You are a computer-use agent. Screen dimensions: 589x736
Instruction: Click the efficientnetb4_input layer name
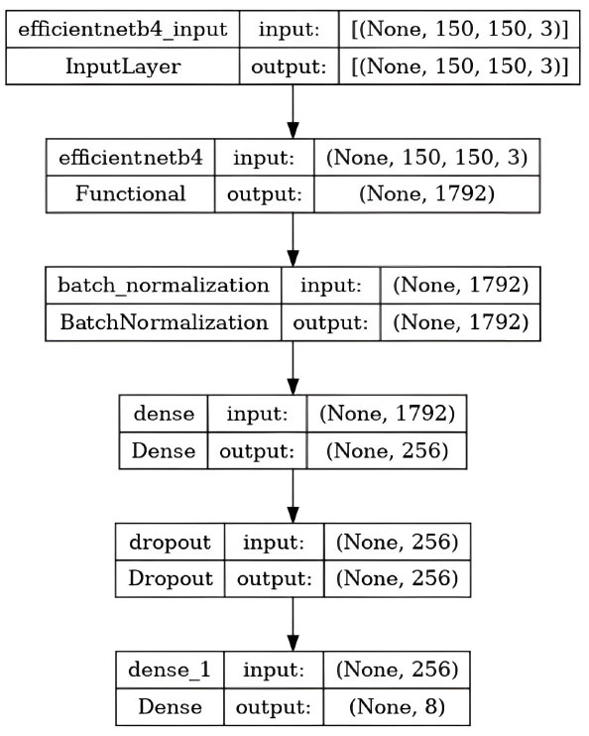point(123,29)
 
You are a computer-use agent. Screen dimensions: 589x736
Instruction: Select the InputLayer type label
point(123,66)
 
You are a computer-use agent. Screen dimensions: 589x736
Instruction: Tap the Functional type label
point(131,193)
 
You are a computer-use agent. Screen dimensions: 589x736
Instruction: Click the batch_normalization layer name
point(164,286)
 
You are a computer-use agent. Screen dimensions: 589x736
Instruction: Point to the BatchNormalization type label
point(164,322)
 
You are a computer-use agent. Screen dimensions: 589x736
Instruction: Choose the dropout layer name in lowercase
point(170,543)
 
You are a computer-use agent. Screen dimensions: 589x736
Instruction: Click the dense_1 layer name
point(170,670)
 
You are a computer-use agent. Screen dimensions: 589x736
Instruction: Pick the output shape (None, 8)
point(397,707)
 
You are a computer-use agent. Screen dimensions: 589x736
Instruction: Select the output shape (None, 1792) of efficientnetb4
point(426,193)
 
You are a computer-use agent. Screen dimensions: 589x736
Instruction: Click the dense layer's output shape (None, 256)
point(387,450)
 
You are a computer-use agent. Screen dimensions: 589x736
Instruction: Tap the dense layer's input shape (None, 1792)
point(387,414)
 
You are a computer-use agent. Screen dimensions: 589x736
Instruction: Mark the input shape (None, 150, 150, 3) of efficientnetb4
point(426,157)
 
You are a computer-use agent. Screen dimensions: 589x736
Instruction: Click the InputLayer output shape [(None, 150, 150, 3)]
point(459,66)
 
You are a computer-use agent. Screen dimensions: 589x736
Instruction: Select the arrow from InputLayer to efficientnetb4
point(293,112)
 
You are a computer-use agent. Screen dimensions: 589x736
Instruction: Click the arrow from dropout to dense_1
point(293,624)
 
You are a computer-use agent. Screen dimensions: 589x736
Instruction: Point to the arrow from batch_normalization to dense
point(293,368)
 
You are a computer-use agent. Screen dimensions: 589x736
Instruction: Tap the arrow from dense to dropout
point(293,496)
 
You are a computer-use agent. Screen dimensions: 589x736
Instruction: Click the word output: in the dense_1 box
point(274,707)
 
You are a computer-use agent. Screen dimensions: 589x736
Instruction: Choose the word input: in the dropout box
point(274,543)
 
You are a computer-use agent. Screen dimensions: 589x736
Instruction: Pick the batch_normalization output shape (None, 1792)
point(461,322)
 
